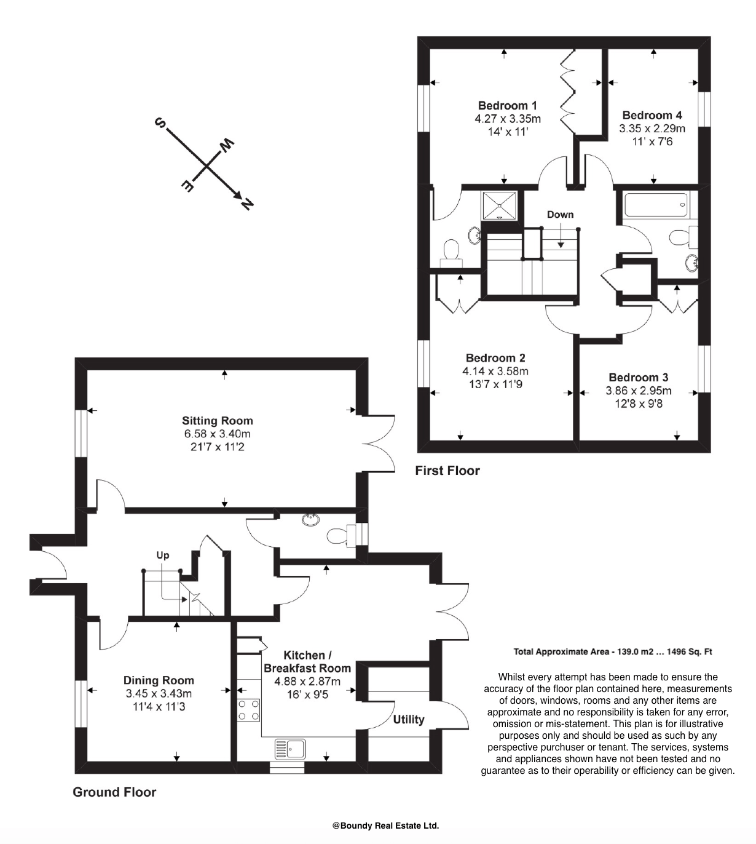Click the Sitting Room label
click(217, 421)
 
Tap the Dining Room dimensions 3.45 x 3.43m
click(159, 693)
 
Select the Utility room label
click(408, 719)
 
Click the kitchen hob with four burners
click(248, 710)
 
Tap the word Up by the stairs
click(162, 555)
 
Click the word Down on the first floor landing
click(560, 214)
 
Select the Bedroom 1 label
click(508, 105)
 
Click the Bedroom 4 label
click(652, 115)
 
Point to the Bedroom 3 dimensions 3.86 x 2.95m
click(638, 391)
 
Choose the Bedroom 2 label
click(495, 357)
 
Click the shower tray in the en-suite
click(500, 205)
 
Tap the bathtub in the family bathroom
click(655, 204)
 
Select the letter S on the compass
click(160, 123)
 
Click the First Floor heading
click(447, 471)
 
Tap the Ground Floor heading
click(114, 792)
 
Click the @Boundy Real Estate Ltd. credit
click(385, 826)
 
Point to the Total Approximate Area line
click(612, 651)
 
